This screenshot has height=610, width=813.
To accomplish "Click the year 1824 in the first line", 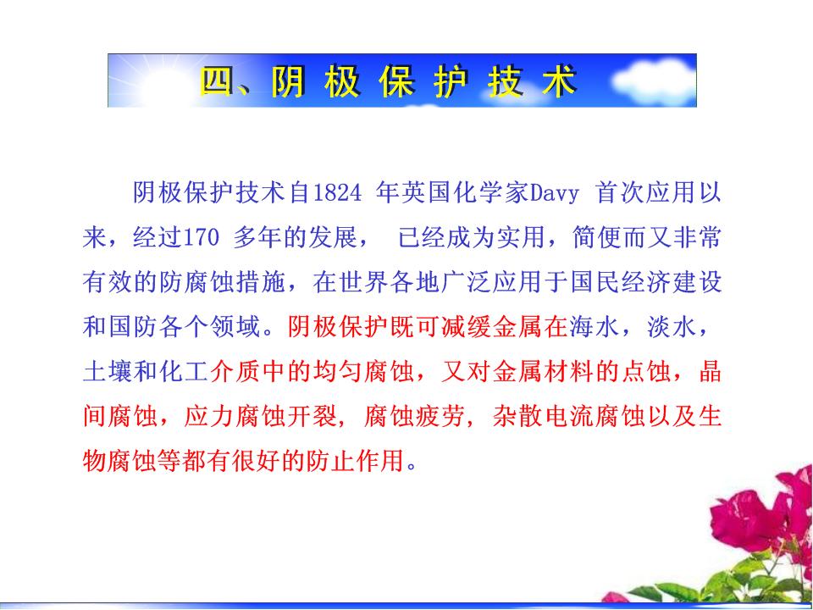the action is tap(337, 193).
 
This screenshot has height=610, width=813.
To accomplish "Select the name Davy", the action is tap(553, 193).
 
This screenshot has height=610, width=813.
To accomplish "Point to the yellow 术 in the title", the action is tap(560, 81).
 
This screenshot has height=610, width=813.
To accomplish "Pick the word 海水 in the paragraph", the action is tap(595, 328).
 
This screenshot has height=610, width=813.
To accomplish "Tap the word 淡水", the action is tap(671, 328).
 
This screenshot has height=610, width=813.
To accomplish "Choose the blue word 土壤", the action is tap(108, 373).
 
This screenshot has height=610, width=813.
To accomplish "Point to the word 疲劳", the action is tap(440, 417).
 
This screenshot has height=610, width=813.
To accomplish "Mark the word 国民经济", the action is tap(620, 283).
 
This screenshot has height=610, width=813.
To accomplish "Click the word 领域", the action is tap(235, 328).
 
